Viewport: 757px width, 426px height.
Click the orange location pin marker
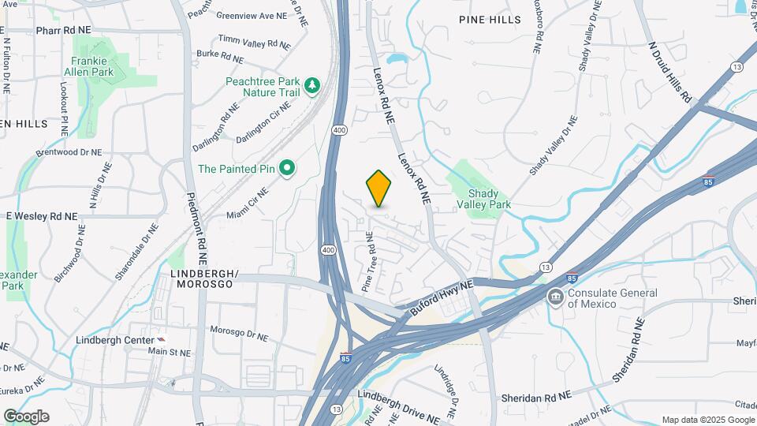pyautogui.click(x=378, y=189)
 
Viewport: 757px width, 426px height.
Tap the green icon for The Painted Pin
pyautogui.click(x=288, y=167)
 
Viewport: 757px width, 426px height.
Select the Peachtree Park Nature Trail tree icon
pyautogui.click(x=312, y=85)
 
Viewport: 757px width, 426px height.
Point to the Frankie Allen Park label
pyautogui.click(x=92, y=66)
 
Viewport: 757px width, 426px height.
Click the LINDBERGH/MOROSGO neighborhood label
pyautogui.click(x=203, y=278)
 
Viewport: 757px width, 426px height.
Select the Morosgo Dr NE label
pyautogui.click(x=239, y=333)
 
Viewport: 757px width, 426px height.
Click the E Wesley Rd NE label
pyautogui.click(x=42, y=216)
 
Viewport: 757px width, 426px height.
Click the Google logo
pyautogui.click(x=26, y=417)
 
